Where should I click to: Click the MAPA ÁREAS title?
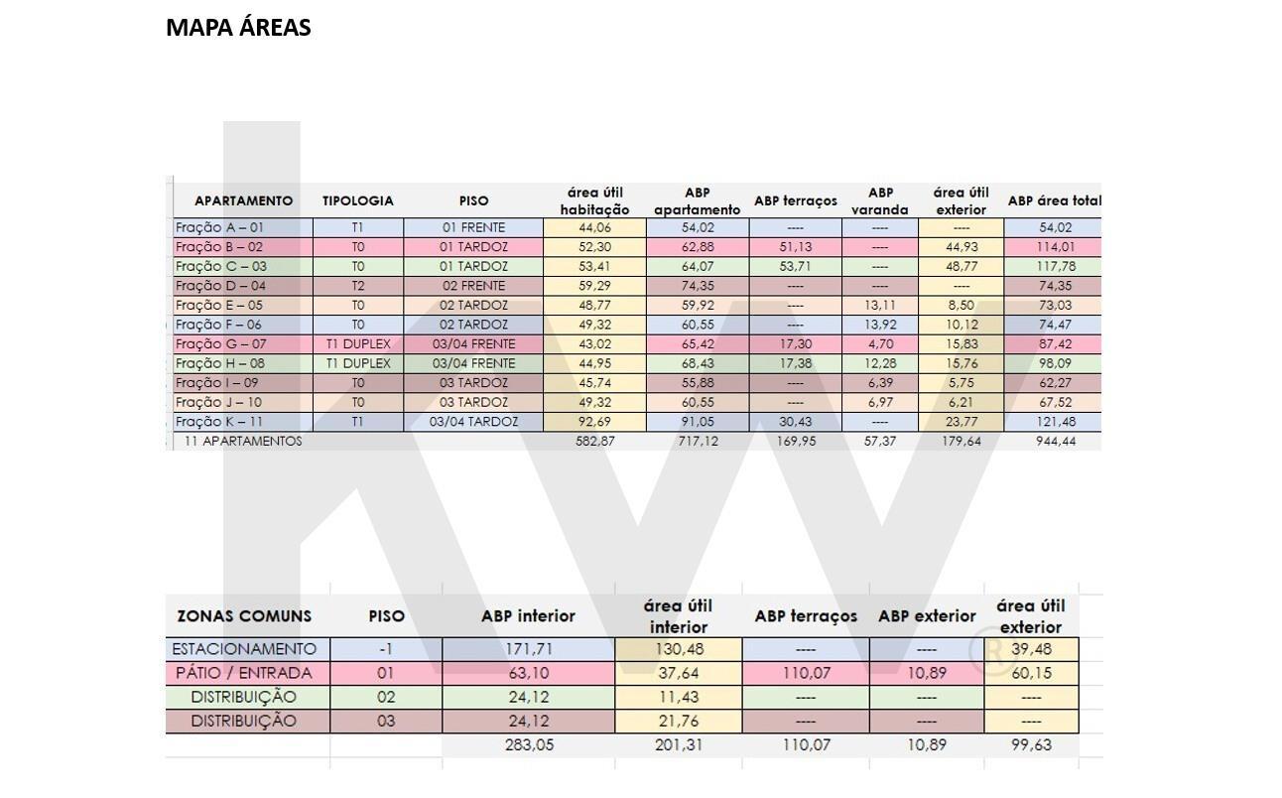pyautogui.click(x=238, y=27)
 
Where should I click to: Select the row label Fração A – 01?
pyautogui.click(x=219, y=227)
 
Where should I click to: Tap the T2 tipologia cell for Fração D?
pyautogui.click(x=357, y=286)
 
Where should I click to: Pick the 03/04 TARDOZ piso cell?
pyautogui.click(x=473, y=422)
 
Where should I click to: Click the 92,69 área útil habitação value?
pyautogui.click(x=594, y=422)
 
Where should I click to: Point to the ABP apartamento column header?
pyautogui.click(x=698, y=200)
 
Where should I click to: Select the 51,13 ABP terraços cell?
pyautogui.click(x=796, y=247)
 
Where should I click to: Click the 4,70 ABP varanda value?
pyautogui.click(x=880, y=344)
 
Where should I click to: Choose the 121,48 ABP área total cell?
pyautogui.click(x=1056, y=422)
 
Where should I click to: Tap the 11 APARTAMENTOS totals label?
pyautogui.click(x=243, y=442)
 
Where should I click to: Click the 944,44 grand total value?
pyautogui.click(x=1056, y=442)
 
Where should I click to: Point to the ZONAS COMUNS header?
pyautogui.click(x=244, y=616)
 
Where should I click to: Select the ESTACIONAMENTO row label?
pyautogui.click(x=244, y=649)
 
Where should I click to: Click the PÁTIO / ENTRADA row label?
pyautogui.click(x=244, y=673)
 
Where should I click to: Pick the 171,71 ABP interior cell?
pyautogui.click(x=528, y=649)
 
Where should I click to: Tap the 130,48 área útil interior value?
pyautogui.click(x=678, y=649)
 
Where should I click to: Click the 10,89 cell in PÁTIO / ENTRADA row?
pyautogui.click(x=927, y=673)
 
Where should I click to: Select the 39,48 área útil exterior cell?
pyautogui.click(x=1031, y=649)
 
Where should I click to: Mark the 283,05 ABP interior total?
pyautogui.click(x=529, y=745)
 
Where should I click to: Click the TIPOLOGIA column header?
pyautogui.click(x=357, y=200)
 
